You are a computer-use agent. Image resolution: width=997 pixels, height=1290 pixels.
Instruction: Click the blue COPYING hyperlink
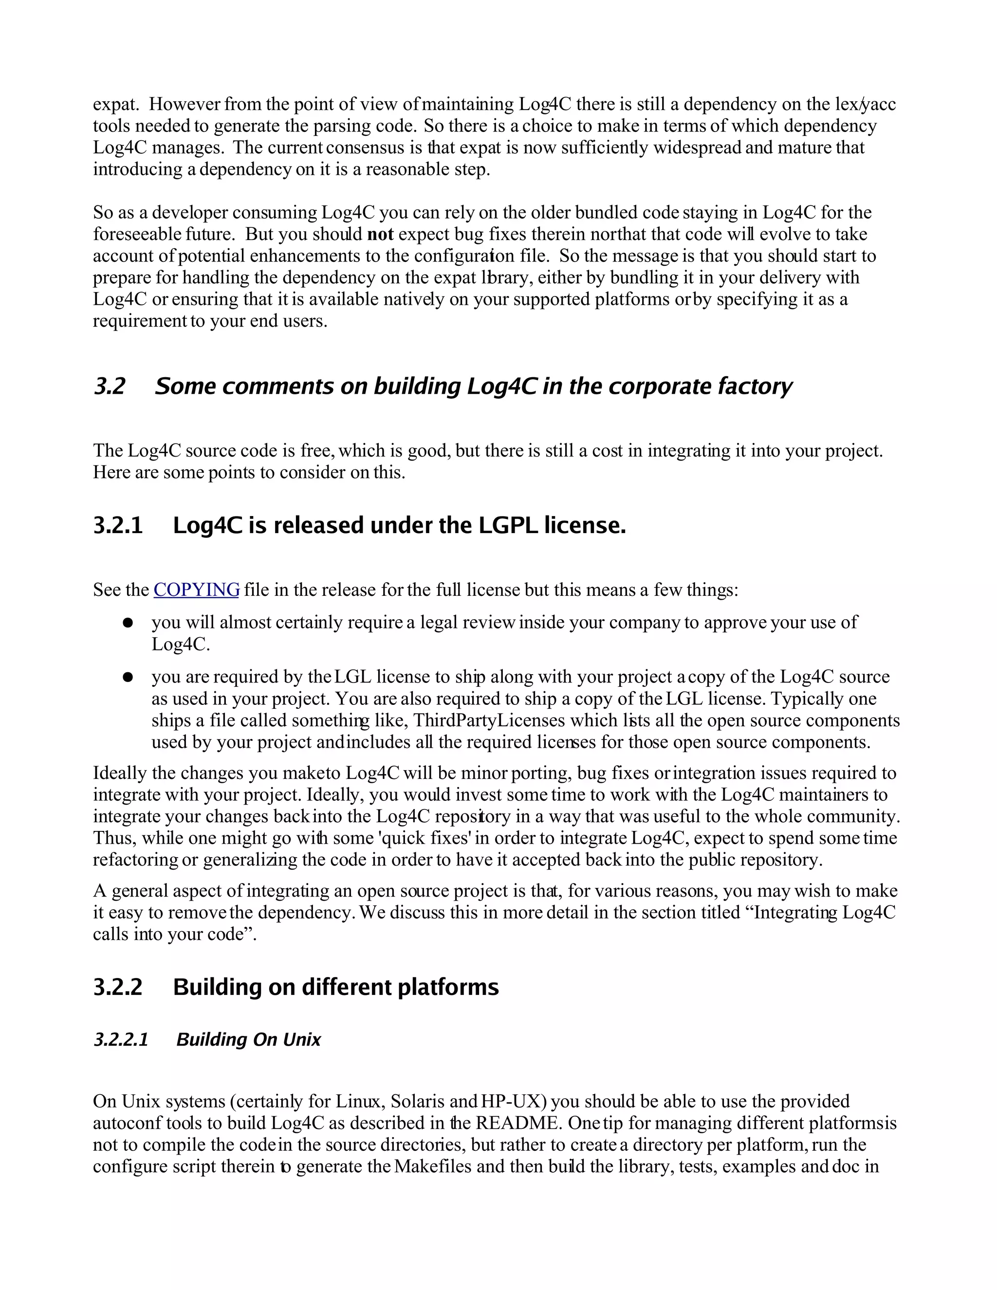pyautogui.click(x=196, y=590)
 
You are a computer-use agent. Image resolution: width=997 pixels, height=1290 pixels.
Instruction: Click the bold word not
pyautogui.click(x=380, y=235)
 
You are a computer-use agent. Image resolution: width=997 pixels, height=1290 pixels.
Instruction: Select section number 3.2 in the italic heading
pyautogui.click(x=110, y=387)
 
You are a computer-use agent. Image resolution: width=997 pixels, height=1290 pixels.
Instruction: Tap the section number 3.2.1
pyautogui.click(x=118, y=525)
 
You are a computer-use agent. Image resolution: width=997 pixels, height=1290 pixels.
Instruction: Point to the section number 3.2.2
pyautogui.click(x=118, y=987)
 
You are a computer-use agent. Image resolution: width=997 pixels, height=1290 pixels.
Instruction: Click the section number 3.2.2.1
pyautogui.click(x=121, y=1040)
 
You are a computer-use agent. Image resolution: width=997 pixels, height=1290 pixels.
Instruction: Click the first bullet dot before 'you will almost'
pyautogui.click(x=128, y=623)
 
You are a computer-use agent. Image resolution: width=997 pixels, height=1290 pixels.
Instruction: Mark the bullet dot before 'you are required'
pyautogui.click(x=128, y=678)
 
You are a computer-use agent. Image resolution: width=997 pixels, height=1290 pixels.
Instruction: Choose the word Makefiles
pyautogui.click(x=437, y=1166)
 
